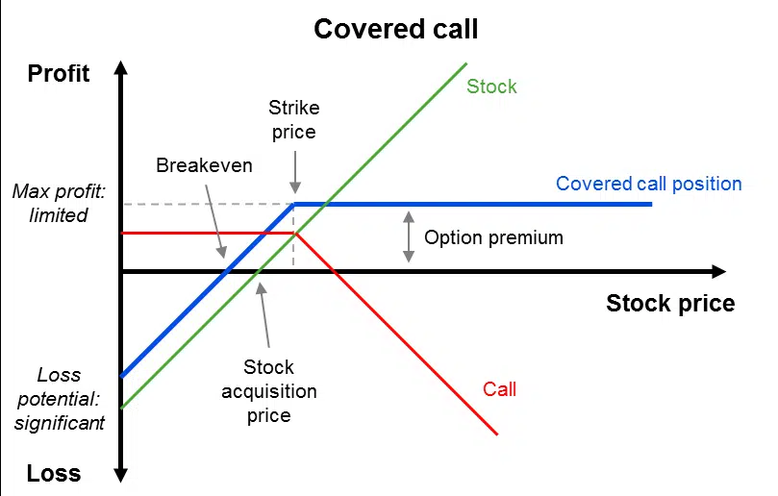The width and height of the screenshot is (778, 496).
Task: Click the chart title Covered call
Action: pos(395,29)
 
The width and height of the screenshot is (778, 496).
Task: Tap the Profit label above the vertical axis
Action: pos(59,73)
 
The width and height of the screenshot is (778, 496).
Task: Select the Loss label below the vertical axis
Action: pos(54,473)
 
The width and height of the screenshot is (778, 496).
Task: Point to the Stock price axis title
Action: pos(670,304)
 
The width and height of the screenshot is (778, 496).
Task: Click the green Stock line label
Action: pos(491,87)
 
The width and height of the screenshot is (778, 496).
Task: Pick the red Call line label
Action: pos(499,389)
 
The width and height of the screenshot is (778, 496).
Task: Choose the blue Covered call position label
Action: pos(648,184)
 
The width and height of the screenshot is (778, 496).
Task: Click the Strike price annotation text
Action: pos(292,119)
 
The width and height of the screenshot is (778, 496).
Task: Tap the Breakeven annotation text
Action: pos(204,165)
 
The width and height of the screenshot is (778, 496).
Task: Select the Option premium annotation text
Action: pos(493,237)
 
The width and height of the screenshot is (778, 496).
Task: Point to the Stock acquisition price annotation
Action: pos(268,391)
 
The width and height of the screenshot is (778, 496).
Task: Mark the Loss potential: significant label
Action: pos(59,398)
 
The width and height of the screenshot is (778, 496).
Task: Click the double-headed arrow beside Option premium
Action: pos(409,236)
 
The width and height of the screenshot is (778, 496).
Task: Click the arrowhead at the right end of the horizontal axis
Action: pos(718,272)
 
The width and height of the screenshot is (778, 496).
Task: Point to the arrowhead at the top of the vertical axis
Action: pos(121,68)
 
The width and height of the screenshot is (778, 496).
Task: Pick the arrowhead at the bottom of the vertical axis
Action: pos(121,474)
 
